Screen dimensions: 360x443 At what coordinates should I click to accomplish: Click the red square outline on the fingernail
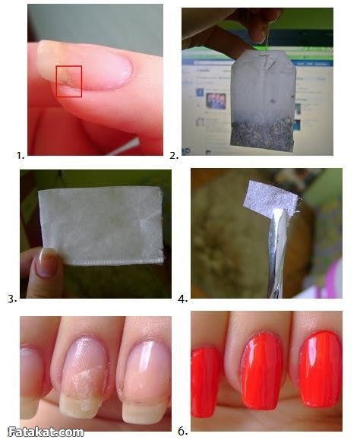tap(56, 81)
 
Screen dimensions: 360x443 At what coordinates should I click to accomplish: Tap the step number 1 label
tap(20, 155)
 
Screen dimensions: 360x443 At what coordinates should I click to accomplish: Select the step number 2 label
tap(174, 156)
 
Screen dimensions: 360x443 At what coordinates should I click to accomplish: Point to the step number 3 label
tap(12, 299)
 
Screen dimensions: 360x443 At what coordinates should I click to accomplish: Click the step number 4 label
tap(183, 299)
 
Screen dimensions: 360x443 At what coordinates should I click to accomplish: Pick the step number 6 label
tap(183, 432)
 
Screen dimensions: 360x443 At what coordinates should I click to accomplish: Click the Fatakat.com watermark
tap(46, 432)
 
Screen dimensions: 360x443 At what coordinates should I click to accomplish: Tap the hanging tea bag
tap(264, 100)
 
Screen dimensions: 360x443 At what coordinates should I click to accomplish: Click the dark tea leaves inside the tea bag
tap(263, 134)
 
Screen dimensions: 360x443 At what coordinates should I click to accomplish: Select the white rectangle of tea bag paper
tap(101, 226)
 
